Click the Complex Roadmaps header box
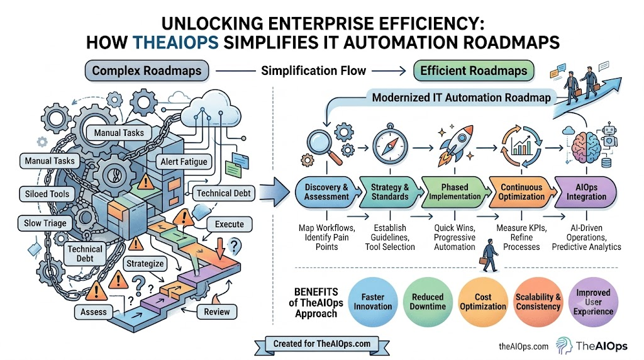(x=147, y=70)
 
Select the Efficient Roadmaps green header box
(x=474, y=70)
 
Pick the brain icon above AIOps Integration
(x=586, y=147)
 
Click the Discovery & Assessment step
(x=327, y=192)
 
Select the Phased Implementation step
(x=455, y=192)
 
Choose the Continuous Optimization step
(x=521, y=192)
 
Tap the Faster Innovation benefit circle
(x=372, y=301)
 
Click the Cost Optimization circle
(x=483, y=301)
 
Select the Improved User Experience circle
(x=593, y=301)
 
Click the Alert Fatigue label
(x=184, y=162)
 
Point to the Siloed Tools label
(x=47, y=194)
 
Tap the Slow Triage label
(x=45, y=223)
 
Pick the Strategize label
(x=145, y=264)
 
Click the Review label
(x=217, y=312)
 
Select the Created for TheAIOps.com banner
(x=322, y=344)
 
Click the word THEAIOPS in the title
(x=175, y=43)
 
